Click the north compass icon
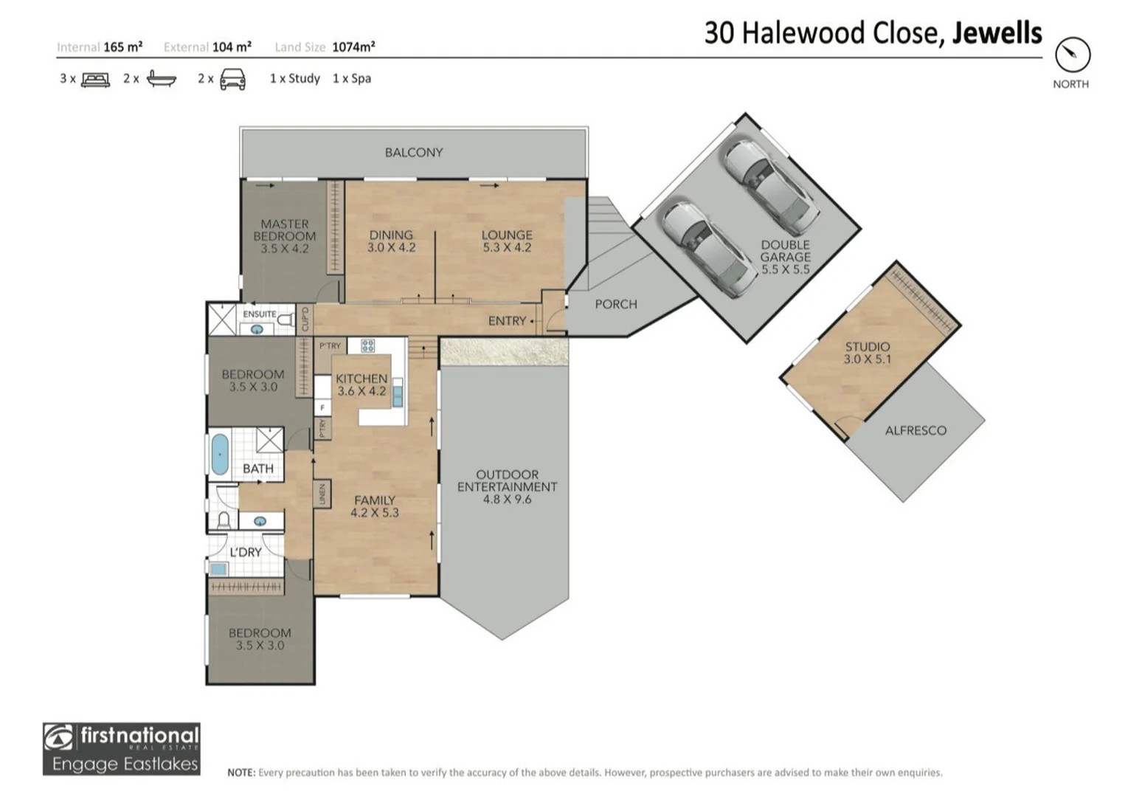click(x=1072, y=55)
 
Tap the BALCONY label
click(x=413, y=153)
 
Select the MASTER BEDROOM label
click(x=284, y=230)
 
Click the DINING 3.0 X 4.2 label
click(x=391, y=241)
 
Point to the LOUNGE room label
click(x=507, y=235)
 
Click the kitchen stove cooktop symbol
click(x=367, y=345)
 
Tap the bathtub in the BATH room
click(x=220, y=454)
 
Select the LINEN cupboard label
click(x=322, y=494)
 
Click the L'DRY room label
click(x=246, y=552)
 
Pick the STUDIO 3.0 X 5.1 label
click(x=867, y=353)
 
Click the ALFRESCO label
click(x=915, y=430)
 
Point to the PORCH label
click(x=615, y=304)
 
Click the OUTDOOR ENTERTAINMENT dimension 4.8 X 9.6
click(x=507, y=500)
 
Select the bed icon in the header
click(x=95, y=79)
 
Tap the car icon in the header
click(x=232, y=79)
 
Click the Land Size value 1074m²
click(x=353, y=47)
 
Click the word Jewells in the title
click(x=997, y=33)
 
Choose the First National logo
click(x=122, y=748)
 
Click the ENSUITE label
click(x=259, y=314)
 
